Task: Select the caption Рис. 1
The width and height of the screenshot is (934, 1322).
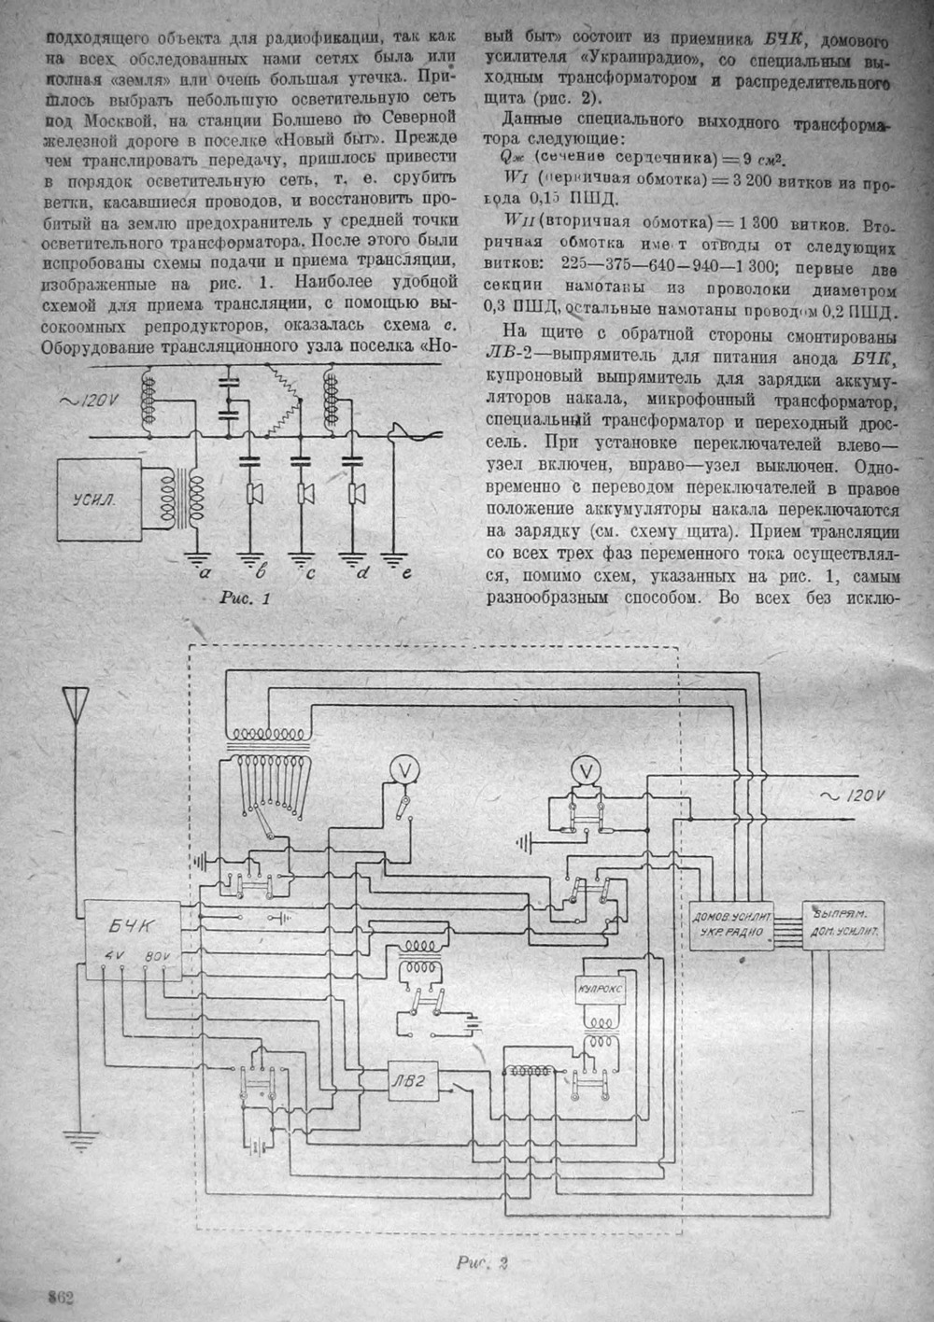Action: click(x=242, y=598)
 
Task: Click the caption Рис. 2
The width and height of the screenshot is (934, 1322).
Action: click(x=480, y=1266)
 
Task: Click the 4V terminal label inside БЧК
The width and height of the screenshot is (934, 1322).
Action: click(x=114, y=956)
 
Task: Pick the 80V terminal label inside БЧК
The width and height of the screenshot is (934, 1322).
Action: click(x=154, y=956)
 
